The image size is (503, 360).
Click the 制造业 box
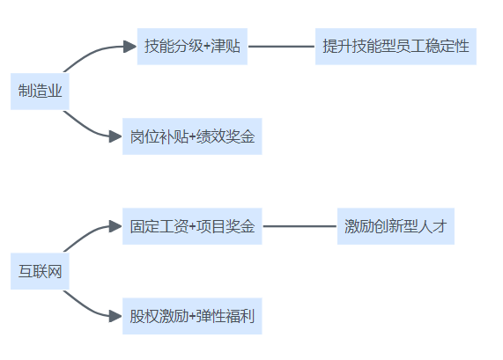coord(40,92)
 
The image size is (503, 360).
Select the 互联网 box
coord(40,271)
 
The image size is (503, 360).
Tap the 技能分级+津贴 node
coord(192,47)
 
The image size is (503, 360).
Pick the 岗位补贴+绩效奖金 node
coord(192,136)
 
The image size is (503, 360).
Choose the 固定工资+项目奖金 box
coord(192,226)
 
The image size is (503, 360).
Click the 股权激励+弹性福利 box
coord(192,316)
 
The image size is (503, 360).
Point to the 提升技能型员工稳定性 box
coord(396,47)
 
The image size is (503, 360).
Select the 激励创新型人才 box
coord(396,226)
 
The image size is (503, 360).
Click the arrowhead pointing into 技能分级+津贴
coord(129,47)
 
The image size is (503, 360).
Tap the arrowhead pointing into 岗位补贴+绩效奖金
coord(115,136)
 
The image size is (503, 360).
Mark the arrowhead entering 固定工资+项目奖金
coord(115,226)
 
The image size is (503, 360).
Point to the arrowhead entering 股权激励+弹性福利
coord(115,316)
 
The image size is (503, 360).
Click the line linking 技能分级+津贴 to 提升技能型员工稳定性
coord(281,47)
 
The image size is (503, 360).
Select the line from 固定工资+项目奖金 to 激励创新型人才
coord(300,226)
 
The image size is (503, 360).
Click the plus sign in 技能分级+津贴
coord(207,47)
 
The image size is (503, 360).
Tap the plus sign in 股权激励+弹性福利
coord(192,317)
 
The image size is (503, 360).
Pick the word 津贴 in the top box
coord(226,46)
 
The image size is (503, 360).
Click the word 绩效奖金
coord(226,136)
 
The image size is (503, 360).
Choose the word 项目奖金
coord(226,226)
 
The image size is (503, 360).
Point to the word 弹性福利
coord(226,316)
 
